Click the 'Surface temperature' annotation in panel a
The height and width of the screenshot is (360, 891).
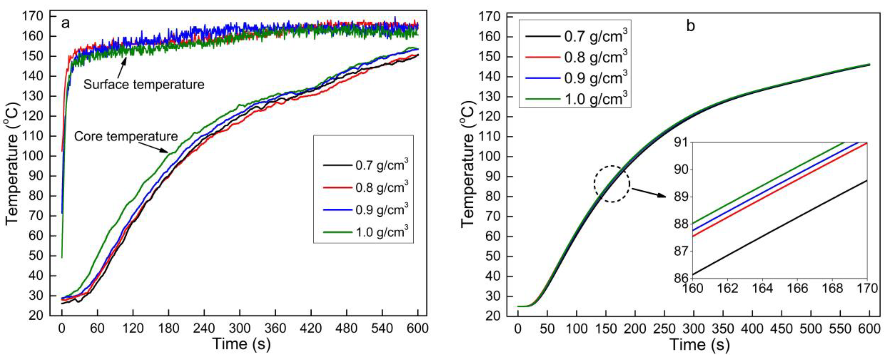click(144, 84)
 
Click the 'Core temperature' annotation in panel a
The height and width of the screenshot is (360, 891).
click(126, 136)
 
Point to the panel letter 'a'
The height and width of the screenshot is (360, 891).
click(65, 24)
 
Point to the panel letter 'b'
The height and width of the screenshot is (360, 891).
click(690, 26)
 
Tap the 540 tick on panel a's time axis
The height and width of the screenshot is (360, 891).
click(382, 328)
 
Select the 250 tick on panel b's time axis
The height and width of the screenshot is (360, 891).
click(664, 329)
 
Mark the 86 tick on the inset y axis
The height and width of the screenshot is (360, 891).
click(681, 278)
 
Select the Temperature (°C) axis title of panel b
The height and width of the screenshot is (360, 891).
click(468, 164)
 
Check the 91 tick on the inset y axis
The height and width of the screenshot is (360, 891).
click(681, 143)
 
